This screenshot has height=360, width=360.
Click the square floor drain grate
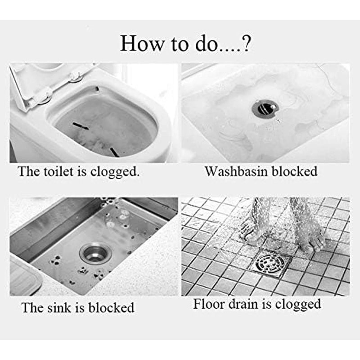point(272,262)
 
